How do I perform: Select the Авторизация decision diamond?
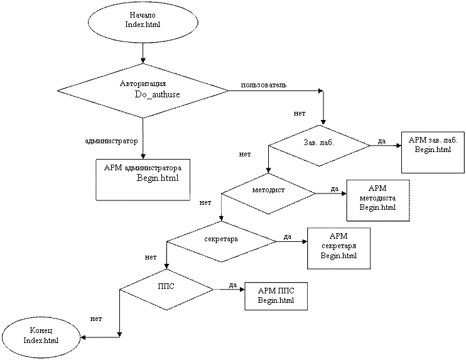click(x=143, y=90)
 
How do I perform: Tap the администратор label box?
click(x=111, y=141)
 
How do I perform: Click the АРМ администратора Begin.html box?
click(x=143, y=179)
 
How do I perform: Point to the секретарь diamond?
click(x=221, y=239)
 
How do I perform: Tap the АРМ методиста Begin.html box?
click(x=377, y=200)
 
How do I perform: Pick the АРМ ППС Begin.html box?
click(x=276, y=295)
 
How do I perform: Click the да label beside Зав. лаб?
click(x=381, y=139)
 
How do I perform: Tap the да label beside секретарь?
click(x=288, y=237)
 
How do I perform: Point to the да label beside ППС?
click(x=232, y=286)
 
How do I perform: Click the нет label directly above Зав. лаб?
click(x=299, y=114)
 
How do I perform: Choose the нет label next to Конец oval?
click(x=96, y=319)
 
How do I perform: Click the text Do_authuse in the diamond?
click(x=157, y=94)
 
